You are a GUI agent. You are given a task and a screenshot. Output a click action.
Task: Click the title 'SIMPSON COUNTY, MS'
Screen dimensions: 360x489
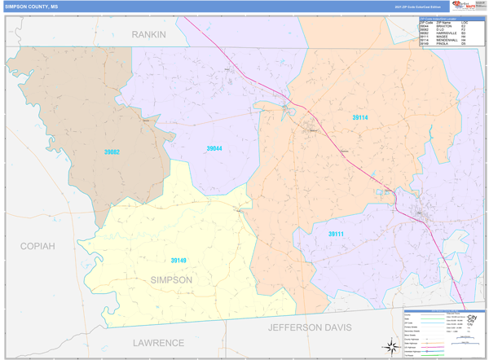click(32, 6)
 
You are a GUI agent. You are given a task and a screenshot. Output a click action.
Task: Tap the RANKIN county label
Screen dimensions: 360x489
click(149, 35)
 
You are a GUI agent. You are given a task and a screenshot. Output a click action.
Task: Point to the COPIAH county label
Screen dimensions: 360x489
click(37, 245)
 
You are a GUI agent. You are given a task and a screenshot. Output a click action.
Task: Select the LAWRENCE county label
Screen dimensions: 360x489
click(159, 343)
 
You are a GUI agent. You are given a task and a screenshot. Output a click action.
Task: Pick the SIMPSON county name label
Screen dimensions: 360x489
click(171, 279)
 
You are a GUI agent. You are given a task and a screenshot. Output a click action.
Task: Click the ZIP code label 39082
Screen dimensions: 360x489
click(112, 152)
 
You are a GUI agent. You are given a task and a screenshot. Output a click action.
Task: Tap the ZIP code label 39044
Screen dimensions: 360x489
click(214, 148)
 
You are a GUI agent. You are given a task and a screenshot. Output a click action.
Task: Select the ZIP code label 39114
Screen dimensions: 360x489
click(360, 118)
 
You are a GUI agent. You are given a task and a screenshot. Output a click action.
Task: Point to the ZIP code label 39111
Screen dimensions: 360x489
click(337, 234)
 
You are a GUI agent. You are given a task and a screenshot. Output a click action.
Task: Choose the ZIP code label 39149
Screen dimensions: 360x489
click(178, 261)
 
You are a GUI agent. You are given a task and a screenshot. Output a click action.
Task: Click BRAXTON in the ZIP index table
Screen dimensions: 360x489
click(444, 26)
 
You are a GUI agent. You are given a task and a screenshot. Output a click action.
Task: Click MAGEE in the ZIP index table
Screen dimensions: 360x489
click(443, 37)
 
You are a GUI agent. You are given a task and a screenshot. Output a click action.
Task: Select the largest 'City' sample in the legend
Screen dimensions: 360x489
click(471, 318)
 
